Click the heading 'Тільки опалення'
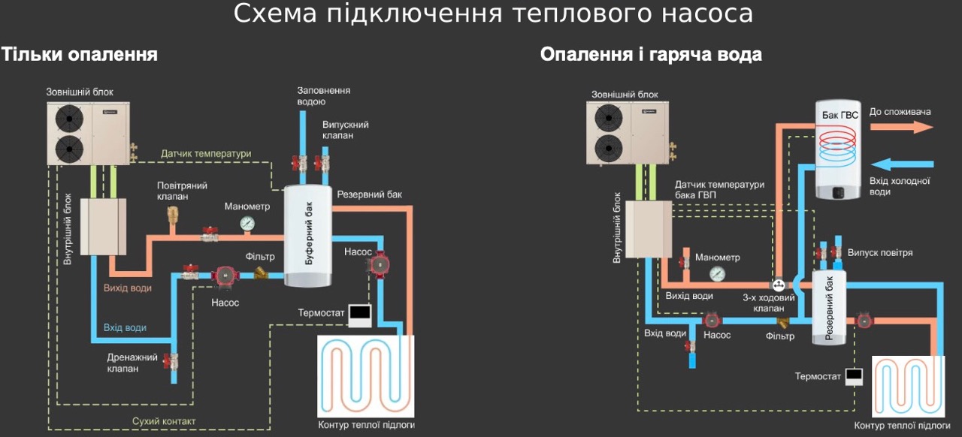tap(79, 55)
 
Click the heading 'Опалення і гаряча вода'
tap(651, 55)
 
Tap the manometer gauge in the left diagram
tap(247, 223)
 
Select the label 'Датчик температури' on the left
tap(205, 153)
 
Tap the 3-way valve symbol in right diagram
tap(779, 285)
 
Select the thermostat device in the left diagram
tap(359, 314)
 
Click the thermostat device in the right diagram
tap(853, 375)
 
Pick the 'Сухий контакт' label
tap(163, 421)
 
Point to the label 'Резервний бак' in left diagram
tap(369, 194)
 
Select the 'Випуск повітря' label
tap(880, 253)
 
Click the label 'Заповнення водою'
tap(323, 95)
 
